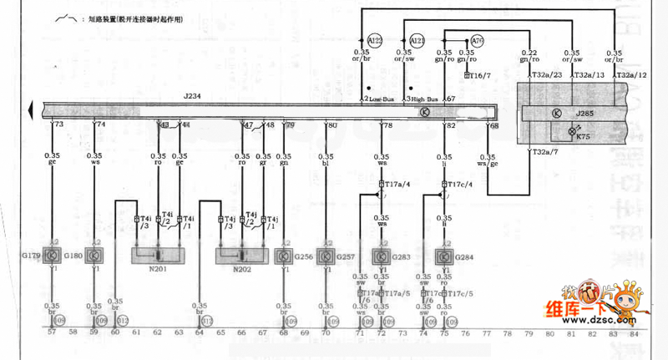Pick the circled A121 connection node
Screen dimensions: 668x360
(x=417, y=40)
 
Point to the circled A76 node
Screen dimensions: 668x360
(x=477, y=40)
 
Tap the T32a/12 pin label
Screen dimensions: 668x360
(x=631, y=75)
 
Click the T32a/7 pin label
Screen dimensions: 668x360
(x=547, y=152)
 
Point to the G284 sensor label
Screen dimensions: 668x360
(x=465, y=256)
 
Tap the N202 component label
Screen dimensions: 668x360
(x=241, y=269)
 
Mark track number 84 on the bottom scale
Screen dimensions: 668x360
(x=635, y=333)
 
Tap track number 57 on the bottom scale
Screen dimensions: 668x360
(x=53, y=333)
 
